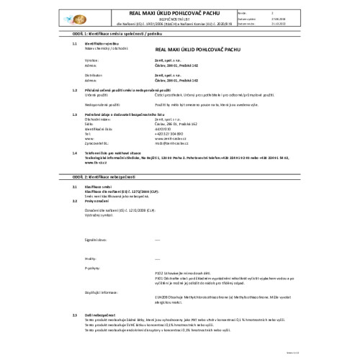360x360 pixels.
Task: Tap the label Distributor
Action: (94, 73)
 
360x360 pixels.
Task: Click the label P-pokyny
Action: (91, 266)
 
